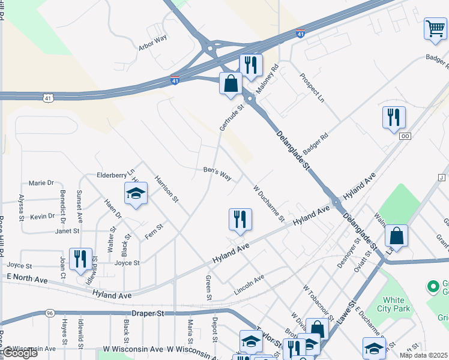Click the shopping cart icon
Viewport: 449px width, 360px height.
coord(435,28)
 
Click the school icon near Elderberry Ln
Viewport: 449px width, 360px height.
coord(136,193)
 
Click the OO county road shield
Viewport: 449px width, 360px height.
coord(405,136)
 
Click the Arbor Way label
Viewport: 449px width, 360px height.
coord(152,45)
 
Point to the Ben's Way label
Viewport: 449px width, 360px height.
coord(217,173)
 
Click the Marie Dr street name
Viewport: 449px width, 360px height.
coord(41,182)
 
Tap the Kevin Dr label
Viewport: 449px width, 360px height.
coord(43,216)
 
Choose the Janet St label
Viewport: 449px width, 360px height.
coord(67,231)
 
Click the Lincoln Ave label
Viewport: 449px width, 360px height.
coord(249,284)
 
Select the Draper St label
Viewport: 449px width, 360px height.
coord(148,313)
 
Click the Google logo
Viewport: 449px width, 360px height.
coord(20,353)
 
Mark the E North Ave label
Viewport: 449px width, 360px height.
coord(26,280)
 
